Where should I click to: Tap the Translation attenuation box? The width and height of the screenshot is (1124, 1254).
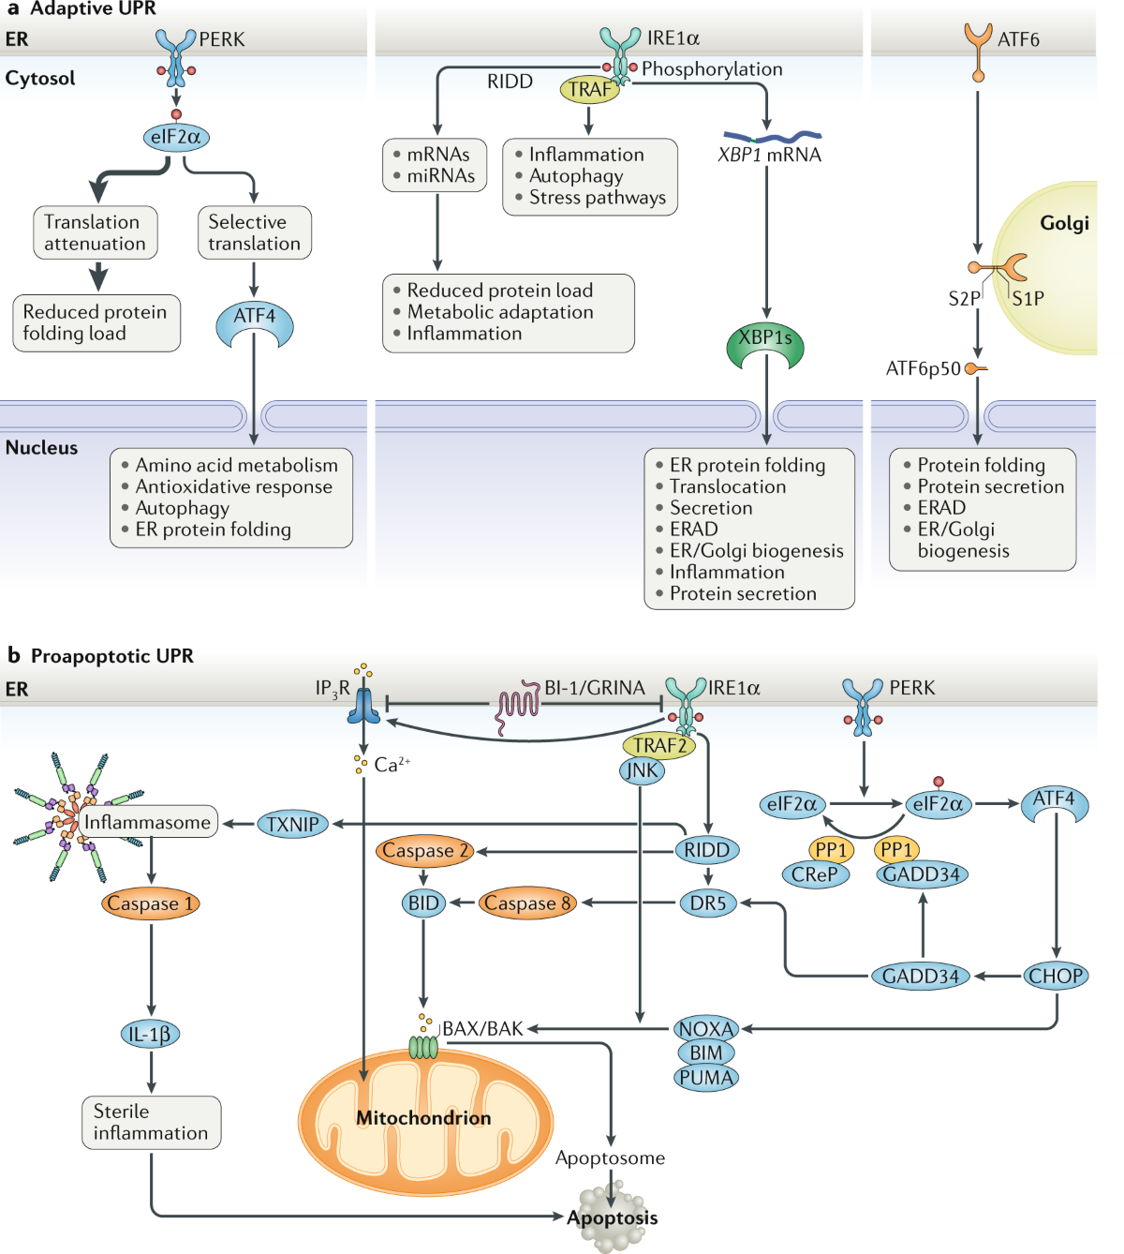tap(95, 232)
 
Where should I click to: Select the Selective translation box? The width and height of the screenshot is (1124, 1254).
tap(254, 232)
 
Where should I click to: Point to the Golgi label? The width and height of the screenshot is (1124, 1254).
tap(1064, 223)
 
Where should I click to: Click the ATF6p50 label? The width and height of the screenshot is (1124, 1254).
tap(924, 369)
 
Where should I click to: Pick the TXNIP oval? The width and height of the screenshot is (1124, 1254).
tap(293, 825)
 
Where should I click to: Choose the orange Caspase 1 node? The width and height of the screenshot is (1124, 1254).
tap(150, 903)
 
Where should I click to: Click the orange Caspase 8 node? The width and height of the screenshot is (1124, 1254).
tap(527, 903)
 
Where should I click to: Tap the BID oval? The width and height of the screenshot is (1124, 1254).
tap(423, 903)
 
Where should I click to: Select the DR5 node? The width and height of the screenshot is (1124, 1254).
tap(708, 903)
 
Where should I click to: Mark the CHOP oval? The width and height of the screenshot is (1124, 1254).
tap(1056, 976)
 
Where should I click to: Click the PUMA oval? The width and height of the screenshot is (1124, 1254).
tap(706, 1078)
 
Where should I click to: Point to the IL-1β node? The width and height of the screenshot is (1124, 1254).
tap(150, 1035)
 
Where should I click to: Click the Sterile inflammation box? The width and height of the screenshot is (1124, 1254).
tap(151, 1123)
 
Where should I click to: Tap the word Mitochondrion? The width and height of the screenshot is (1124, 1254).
tap(423, 1118)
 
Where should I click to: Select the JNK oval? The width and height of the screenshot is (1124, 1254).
tap(642, 770)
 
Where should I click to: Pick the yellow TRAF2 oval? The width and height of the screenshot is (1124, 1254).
tap(659, 746)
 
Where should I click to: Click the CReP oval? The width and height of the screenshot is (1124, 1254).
tap(815, 874)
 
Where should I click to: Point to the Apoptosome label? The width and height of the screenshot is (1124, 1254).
tap(610, 1158)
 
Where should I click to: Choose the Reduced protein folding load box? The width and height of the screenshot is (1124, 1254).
tap(96, 323)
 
